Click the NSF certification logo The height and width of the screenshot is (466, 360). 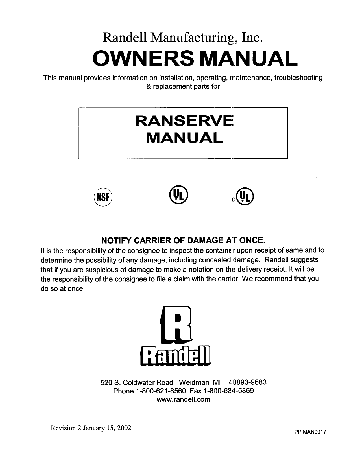click(x=102, y=197)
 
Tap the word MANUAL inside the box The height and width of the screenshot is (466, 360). click(x=184, y=138)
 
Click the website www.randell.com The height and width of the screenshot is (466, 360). click(x=183, y=399)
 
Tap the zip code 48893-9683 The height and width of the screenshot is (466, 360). click(x=247, y=382)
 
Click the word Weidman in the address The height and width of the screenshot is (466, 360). click(x=194, y=382)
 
